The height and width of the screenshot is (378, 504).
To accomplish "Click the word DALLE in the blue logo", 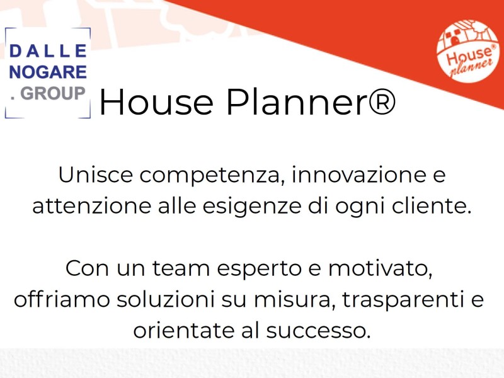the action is pos(49,51).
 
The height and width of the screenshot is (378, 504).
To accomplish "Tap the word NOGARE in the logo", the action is pos(49,72).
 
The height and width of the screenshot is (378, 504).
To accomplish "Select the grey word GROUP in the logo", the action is pos(53,93).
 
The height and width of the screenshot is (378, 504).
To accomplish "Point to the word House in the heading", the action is pos(156,102).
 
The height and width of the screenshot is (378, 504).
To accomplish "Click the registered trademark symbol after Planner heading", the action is pos(382,102).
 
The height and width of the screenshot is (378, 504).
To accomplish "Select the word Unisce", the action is pos(96,175).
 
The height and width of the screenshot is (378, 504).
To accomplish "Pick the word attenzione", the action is pos(91,206).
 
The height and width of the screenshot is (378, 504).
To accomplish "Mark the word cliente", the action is pos(432,206).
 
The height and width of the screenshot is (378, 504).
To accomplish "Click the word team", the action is pos(181,268).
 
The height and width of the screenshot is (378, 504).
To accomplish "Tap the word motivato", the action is pos(380,269).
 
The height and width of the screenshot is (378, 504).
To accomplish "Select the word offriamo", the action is pos(62,299).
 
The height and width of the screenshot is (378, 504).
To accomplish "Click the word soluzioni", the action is pos(165,299).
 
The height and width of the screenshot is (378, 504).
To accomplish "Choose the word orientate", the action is pos(183,330).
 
